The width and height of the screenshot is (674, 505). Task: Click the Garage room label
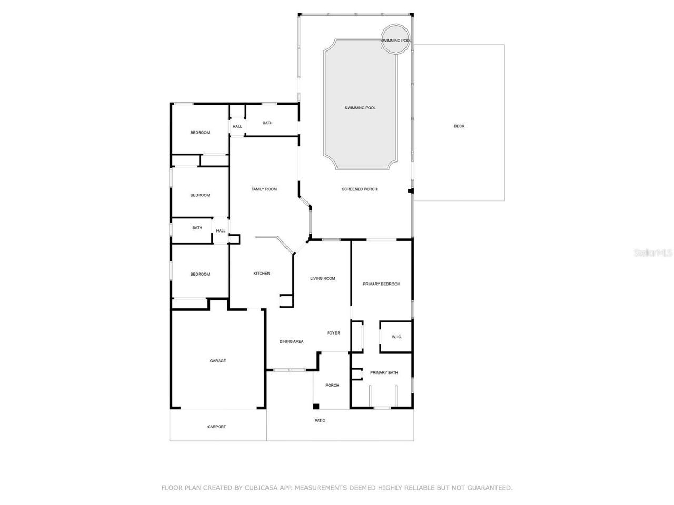click(217, 361)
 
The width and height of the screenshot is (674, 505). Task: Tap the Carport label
click(216, 427)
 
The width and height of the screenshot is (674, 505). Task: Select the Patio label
click(320, 421)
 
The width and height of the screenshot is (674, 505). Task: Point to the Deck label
click(459, 126)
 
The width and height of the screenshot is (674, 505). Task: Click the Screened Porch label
click(360, 189)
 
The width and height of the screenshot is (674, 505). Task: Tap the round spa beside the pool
click(395, 39)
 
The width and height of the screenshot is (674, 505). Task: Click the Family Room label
click(264, 189)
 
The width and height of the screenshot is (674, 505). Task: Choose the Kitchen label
click(262, 273)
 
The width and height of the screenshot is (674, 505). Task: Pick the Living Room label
click(323, 278)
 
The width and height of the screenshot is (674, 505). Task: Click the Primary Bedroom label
click(382, 284)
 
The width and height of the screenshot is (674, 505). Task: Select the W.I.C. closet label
click(397, 337)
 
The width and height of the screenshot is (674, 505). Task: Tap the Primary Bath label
click(384, 372)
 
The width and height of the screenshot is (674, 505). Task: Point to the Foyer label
click(333, 332)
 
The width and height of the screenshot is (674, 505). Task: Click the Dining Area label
click(291, 341)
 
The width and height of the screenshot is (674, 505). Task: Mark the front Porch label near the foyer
click(332, 385)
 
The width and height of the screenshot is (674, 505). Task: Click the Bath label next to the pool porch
click(267, 123)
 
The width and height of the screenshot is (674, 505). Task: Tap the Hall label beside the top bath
click(237, 126)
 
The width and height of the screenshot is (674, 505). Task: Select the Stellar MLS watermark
click(653, 252)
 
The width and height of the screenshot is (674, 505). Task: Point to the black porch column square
click(316, 407)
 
